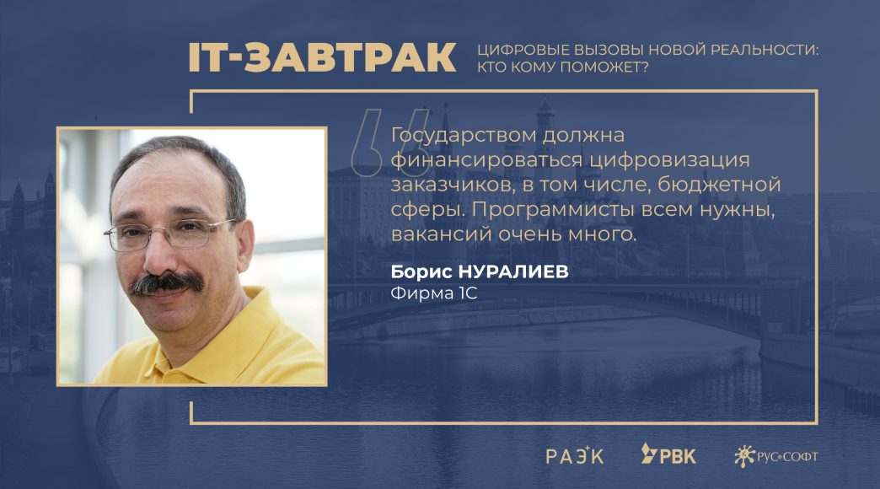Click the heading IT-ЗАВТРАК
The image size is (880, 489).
pos(322,57)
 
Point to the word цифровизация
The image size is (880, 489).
pos(669,160)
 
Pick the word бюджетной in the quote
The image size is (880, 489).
pos(719,185)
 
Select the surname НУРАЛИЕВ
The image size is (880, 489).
pos(513,271)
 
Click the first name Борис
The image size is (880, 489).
pos(421,271)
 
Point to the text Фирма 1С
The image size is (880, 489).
pos(434,293)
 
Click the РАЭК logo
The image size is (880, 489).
pos(575,455)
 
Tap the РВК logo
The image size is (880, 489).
pos(668,454)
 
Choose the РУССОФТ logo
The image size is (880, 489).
pos(775,456)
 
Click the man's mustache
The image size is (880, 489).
pos(166,282)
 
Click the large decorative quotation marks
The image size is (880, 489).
pos(390,142)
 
